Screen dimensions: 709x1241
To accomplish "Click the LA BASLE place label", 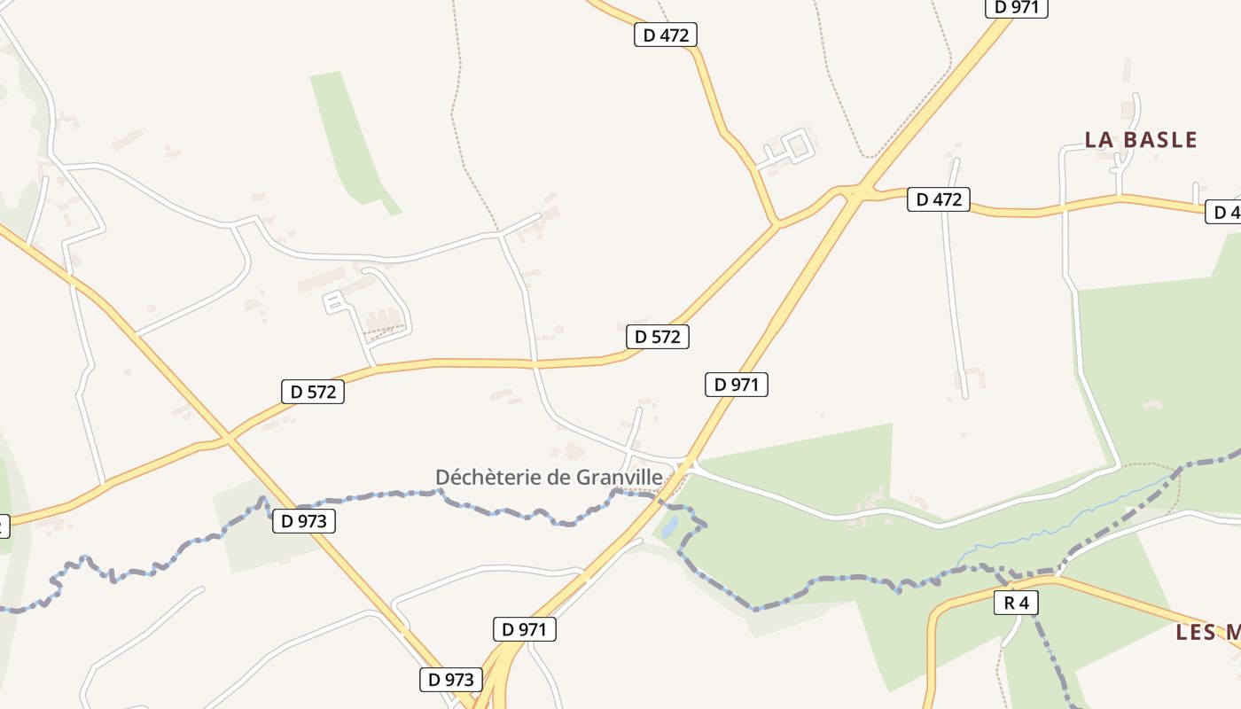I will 1141,140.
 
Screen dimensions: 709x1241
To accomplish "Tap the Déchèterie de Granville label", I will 549,477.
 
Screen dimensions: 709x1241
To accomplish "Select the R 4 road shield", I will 1016,604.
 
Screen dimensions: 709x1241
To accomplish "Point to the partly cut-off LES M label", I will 1207,633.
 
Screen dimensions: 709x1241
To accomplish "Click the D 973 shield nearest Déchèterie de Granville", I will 304,521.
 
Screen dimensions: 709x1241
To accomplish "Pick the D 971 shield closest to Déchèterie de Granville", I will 736,385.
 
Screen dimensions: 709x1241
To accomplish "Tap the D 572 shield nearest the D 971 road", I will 657,337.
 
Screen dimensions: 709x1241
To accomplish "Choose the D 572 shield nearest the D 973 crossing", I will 313,392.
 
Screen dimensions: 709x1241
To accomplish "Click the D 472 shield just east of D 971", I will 939,199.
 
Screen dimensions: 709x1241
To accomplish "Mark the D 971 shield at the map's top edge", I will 1017,7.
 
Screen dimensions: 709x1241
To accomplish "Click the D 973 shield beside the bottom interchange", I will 451,680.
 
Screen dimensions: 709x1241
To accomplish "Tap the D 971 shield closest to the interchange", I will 524,629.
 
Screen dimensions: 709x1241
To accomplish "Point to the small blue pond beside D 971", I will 669,528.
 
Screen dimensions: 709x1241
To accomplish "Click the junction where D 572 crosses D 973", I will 229,438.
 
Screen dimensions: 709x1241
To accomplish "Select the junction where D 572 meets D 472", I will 777,224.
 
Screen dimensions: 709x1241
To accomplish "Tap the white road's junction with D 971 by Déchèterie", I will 689,463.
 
